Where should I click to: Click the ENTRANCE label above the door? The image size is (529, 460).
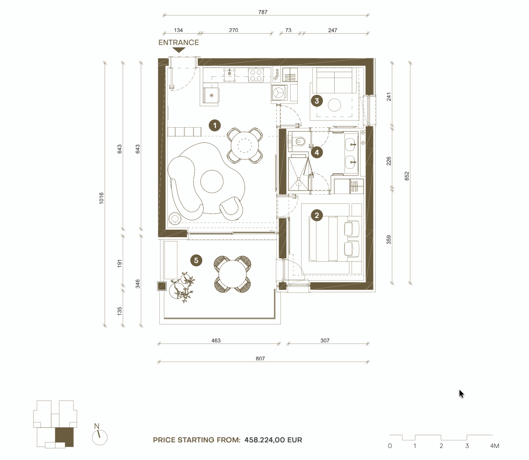179,42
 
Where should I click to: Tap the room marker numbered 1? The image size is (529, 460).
215,126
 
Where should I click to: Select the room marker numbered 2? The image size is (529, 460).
317,215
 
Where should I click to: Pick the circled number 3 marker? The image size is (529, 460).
317,101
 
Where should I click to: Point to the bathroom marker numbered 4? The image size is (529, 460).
317,152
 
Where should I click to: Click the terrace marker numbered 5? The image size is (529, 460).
196,260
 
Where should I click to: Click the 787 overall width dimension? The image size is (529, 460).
263,12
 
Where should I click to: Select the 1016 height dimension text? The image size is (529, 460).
101,198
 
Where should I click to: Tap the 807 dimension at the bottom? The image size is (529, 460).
260,358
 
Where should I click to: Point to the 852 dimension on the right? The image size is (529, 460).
407,176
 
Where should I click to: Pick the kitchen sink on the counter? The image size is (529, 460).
230,75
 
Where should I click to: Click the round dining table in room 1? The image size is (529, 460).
245,145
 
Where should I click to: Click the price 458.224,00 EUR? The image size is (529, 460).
273,440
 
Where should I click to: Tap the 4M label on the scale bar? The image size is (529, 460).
495,446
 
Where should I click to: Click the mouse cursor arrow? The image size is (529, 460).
461,394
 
